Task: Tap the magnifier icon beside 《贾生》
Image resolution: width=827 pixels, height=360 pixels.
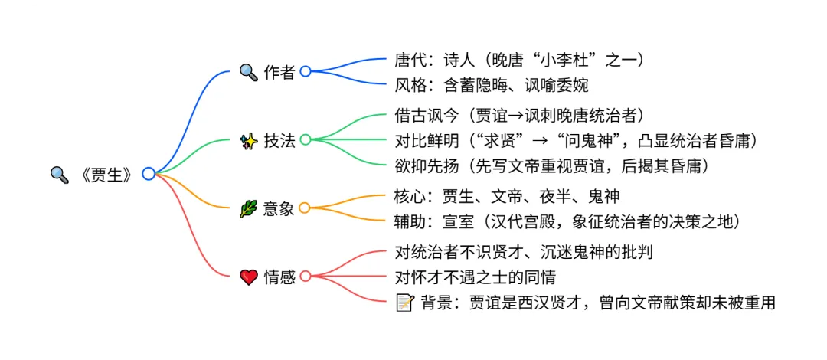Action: tap(59, 175)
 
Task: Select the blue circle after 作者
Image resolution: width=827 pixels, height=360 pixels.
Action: tap(306, 71)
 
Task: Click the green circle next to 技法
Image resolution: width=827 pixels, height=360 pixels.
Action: tap(306, 139)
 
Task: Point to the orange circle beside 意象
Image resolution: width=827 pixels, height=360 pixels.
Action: tap(305, 208)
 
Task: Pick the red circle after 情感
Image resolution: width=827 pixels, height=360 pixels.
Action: tap(306, 276)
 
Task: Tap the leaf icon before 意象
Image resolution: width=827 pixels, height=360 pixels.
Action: tap(249, 208)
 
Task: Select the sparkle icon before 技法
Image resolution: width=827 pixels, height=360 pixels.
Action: tap(249, 140)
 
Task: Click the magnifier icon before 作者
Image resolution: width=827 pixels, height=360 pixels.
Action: tap(249, 72)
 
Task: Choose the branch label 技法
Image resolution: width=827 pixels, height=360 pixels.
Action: tap(279, 140)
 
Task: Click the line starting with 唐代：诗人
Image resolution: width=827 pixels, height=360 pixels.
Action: tap(518, 59)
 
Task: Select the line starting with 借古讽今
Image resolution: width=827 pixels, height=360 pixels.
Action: tap(518, 115)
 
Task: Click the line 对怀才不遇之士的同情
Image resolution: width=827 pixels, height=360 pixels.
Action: tap(475, 276)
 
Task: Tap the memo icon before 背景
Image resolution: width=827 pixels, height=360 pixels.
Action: tap(404, 303)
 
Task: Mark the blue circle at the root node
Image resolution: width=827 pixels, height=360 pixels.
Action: tap(149, 174)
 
